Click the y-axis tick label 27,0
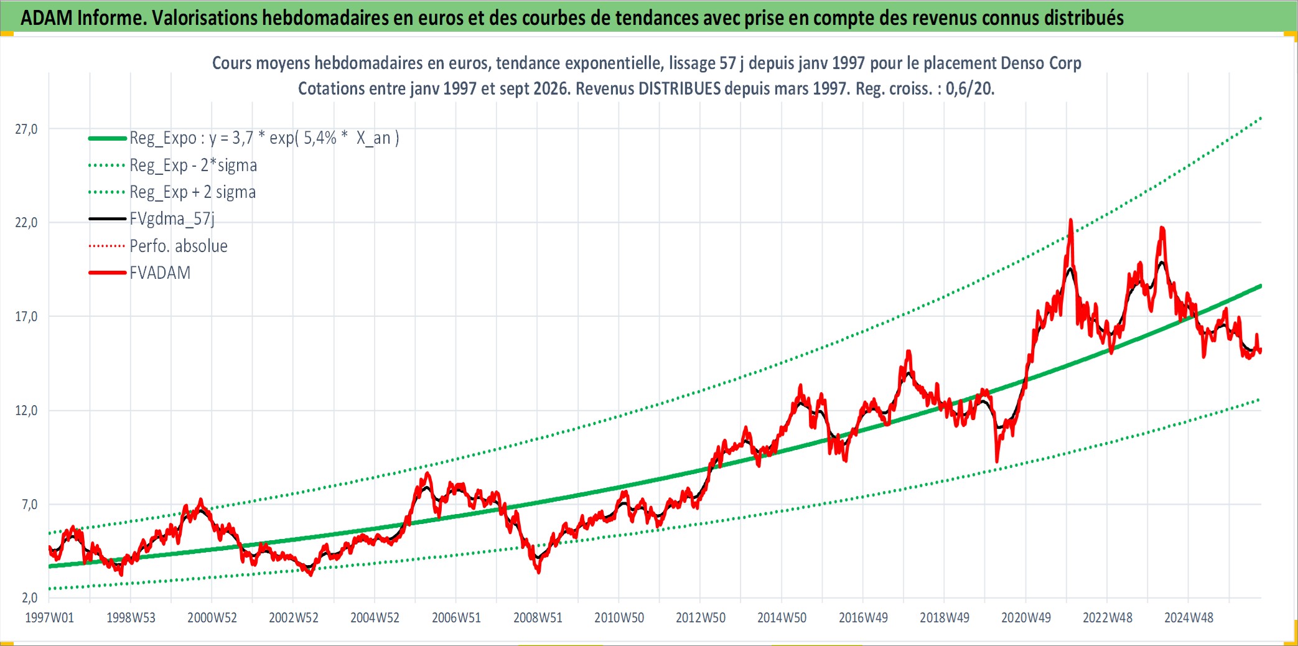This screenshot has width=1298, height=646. point(26,129)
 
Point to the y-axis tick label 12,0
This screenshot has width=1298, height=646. point(26,410)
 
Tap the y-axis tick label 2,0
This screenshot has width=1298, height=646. point(30,597)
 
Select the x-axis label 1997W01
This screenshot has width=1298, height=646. point(49,617)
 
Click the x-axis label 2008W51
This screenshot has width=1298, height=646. point(538,617)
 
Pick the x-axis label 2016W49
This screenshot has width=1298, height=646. point(863,617)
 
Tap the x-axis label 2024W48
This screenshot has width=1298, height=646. point(1188,617)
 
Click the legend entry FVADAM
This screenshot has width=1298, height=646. point(160,273)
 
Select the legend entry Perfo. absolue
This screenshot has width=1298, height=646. point(179,246)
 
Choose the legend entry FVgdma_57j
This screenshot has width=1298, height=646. point(172,219)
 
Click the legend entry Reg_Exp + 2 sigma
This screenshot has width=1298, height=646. point(193,192)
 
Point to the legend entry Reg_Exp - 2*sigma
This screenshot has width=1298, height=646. point(194,165)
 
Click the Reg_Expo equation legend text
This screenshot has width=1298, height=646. point(264,138)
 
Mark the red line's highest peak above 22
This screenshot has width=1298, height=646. point(1070,220)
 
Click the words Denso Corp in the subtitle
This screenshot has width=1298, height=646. point(1041,63)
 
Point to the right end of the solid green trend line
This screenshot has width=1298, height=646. point(1261,286)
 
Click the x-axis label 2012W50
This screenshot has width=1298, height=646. point(701,617)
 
